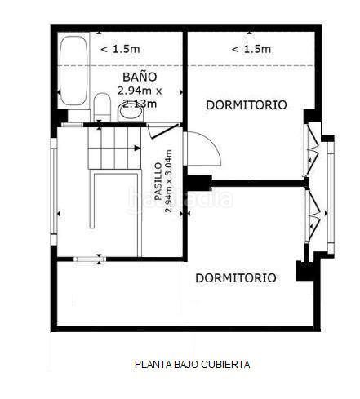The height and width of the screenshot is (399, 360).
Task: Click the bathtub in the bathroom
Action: tap(73, 71)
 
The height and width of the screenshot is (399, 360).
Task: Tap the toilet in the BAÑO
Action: tap(102, 107)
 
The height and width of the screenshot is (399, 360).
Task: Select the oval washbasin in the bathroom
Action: tap(131, 113)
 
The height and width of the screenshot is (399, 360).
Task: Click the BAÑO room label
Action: tap(140, 77)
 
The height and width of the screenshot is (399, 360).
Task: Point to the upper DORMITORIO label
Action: tap(247, 105)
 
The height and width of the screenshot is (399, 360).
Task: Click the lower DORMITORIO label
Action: tap(236, 277)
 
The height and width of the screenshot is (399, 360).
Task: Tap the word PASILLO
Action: tap(158, 181)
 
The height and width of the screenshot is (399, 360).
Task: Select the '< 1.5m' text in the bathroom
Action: tap(120, 49)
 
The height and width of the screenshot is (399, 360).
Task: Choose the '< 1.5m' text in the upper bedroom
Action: tap(251, 49)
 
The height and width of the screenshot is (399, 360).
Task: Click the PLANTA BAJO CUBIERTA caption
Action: tap(193, 364)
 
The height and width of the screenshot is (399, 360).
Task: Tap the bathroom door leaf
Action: tap(163, 131)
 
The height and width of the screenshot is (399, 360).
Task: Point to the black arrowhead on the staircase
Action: tap(137, 148)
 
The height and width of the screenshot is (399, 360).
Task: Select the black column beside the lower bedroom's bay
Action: tap(304, 271)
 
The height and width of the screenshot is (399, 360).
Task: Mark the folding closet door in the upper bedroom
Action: tap(313, 149)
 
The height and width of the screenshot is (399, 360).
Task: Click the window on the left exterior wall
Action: tap(54, 190)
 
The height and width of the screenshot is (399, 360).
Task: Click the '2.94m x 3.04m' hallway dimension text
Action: tap(168, 181)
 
